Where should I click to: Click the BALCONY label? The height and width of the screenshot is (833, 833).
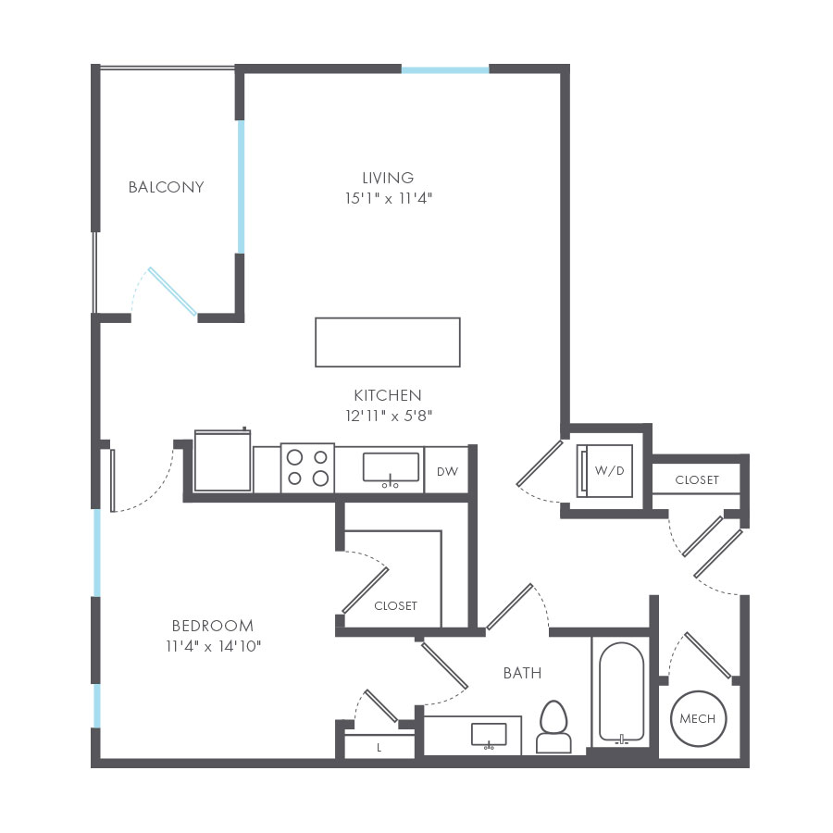[x=167, y=187]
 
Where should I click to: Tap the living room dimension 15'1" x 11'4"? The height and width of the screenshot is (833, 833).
[x=389, y=198]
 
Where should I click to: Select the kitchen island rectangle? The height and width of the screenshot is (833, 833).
[x=388, y=342]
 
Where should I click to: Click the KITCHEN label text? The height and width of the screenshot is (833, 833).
[x=388, y=395]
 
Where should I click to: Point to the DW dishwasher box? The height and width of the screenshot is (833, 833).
[x=447, y=471]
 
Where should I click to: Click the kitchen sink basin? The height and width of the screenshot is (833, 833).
[x=391, y=467]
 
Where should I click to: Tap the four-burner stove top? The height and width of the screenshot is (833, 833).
[x=307, y=468]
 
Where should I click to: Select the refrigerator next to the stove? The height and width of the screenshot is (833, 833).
[x=222, y=460]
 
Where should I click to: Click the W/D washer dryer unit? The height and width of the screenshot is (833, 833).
[x=605, y=471]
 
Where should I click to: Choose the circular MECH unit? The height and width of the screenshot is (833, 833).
[x=698, y=718]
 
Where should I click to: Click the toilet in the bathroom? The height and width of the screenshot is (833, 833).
[x=553, y=727]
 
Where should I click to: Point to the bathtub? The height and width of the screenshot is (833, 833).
[x=622, y=691]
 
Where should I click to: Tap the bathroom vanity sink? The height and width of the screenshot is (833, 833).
[x=489, y=735]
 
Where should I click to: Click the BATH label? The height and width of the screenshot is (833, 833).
[x=523, y=673]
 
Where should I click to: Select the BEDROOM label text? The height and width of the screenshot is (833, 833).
[x=213, y=626]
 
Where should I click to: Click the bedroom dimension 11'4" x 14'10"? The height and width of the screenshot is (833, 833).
[x=214, y=646]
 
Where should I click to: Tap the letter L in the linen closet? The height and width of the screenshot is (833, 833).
[x=379, y=748]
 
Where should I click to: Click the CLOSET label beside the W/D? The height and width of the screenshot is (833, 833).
[x=697, y=479]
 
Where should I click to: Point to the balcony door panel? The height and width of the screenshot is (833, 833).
[x=173, y=292]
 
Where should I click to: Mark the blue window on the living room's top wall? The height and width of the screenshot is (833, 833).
[x=445, y=70]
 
